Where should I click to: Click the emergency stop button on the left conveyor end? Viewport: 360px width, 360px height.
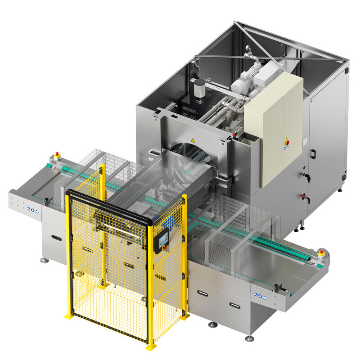click(x=57, y=156)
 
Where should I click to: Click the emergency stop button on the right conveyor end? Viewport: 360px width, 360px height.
click(x=321, y=252)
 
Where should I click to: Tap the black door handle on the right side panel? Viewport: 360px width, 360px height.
click(x=312, y=154)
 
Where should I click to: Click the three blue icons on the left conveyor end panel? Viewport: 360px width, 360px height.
click(x=32, y=209)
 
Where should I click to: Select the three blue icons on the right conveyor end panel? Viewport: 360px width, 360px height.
click(x=260, y=296)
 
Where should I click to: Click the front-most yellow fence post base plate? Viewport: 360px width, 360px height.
click(x=151, y=346)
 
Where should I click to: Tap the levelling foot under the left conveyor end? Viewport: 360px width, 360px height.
click(x=44, y=260)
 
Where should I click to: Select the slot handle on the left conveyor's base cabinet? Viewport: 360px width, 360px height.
click(x=57, y=237)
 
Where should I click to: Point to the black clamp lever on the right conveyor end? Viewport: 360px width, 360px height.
click(x=283, y=288)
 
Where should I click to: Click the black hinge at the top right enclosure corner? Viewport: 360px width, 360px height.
click(x=346, y=71)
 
